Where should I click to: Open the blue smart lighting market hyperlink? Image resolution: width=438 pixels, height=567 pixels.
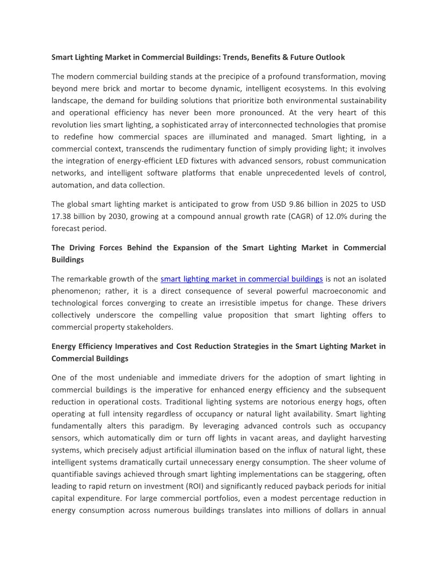(x=242, y=279)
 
